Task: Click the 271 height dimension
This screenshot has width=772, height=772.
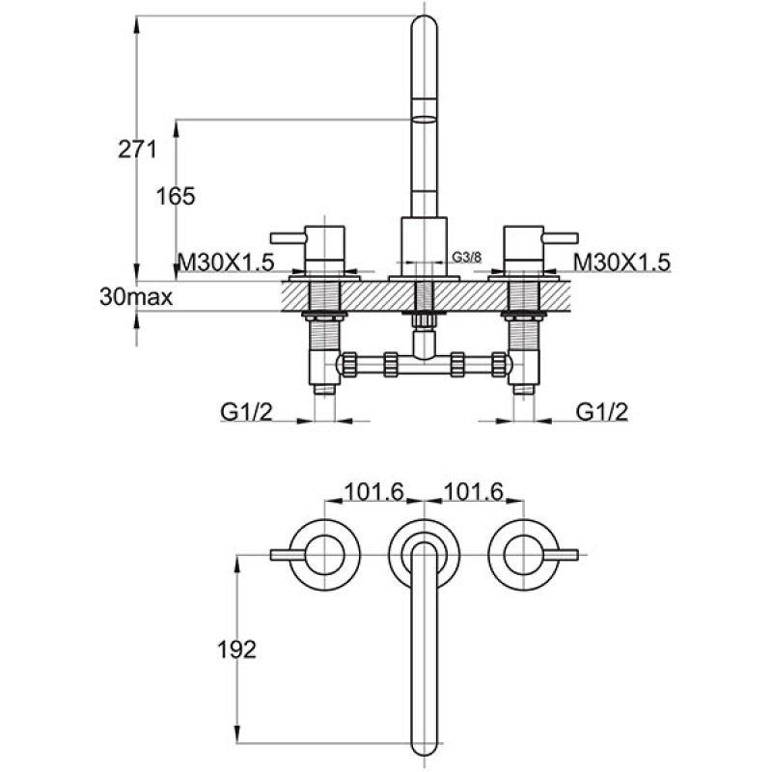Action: pos(136,149)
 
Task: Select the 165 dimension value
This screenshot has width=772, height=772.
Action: pos(176,195)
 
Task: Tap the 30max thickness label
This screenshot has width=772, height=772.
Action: pos(136,297)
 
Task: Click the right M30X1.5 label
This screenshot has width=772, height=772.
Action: pos(622,262)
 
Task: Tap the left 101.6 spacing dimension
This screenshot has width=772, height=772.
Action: pos(374,492)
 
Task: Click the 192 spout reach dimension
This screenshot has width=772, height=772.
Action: pos(235,649)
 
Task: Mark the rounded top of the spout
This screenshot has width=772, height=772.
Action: pos(424,29)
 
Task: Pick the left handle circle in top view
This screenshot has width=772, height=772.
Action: pos(326,554)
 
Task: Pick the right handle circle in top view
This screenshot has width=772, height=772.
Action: pos(522,554)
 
